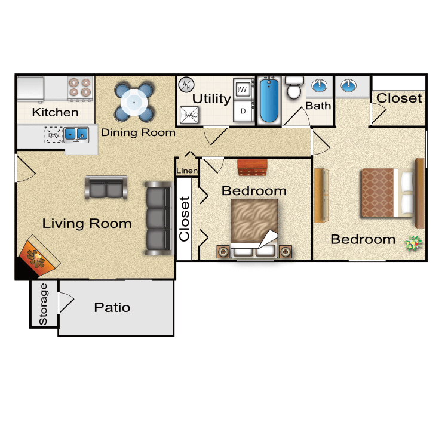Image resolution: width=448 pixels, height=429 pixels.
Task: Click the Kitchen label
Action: [55, 112]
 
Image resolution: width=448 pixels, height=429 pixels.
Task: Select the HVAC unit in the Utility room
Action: [189, 113]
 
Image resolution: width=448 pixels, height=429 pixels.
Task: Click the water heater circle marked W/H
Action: [186, 85]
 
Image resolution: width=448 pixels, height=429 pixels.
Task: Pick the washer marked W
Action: [243, 89]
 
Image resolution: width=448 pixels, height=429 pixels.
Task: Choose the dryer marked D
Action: [243, 110]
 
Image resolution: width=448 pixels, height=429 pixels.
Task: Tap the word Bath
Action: [318, 106]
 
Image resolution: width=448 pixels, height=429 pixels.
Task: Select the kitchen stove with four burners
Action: [81, 87]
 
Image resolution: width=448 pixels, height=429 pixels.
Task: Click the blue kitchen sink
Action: [76, 134]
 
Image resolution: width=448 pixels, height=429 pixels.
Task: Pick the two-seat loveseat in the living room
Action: [106, 188]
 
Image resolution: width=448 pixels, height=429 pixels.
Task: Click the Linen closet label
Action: [187, 171]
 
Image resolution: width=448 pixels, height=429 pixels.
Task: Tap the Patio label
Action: [112, 308]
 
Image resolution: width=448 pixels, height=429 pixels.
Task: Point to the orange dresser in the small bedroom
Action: [251, 168]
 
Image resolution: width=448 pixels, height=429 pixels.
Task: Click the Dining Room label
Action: [138, 132]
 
